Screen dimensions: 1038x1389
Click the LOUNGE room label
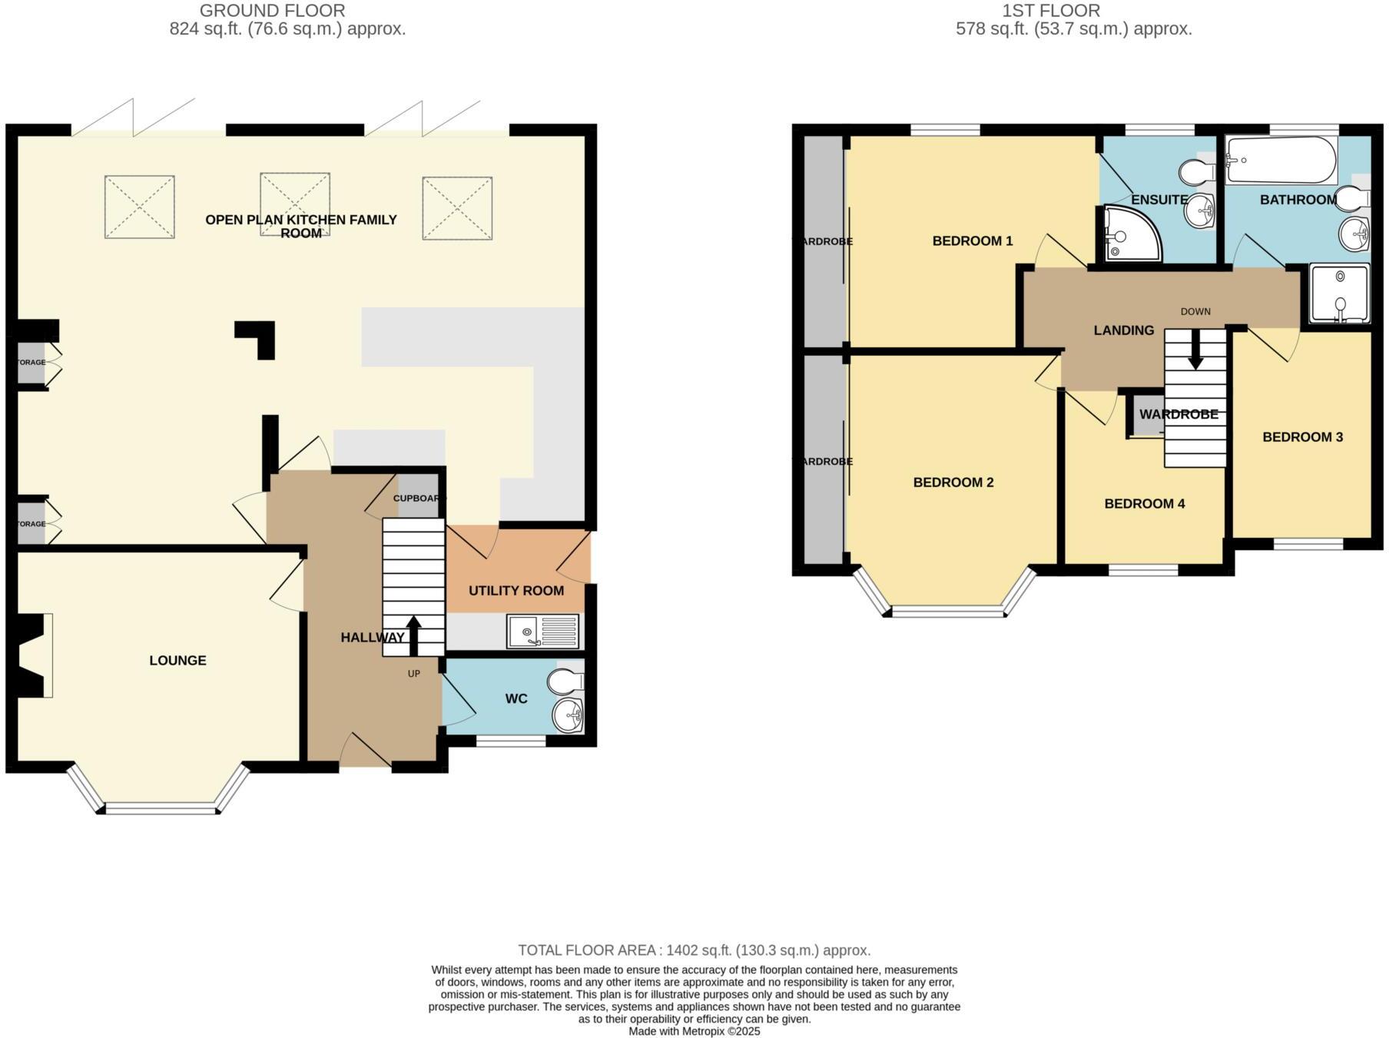(x=177, y=660)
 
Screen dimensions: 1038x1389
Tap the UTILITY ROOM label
(x=516, y=590)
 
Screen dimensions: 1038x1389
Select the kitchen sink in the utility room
(x=542, y=632)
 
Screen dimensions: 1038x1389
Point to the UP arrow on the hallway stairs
(x=413, y=633)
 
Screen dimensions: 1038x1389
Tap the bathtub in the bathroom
(x=1281, y=160)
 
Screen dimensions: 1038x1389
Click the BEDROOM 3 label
(x=1302, y=436)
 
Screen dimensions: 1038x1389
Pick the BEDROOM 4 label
(x=1144, y=503)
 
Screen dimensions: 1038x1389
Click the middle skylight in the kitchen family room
(x=295, y=204)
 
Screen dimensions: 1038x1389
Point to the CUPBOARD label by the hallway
(x=419, y=498)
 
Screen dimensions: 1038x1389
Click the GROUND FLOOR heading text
(x=272, y=11)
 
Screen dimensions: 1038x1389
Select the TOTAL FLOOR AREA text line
(x=694, y=950)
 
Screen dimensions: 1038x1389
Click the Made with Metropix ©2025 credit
(x=694, y=1031)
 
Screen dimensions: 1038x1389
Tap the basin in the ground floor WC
(x=569, y=715)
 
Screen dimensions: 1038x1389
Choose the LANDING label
(x=1123, y=330)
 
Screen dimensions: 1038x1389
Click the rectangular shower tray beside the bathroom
(x=1339, y=294)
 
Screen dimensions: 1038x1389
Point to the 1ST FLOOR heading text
(x=1050, y=11)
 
